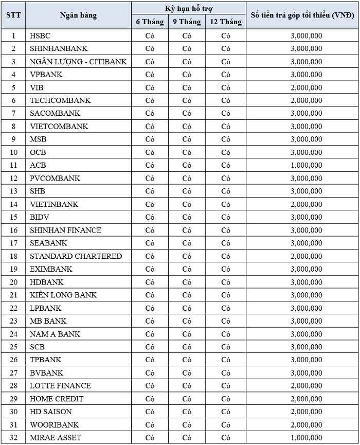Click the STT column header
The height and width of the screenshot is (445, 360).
tap(13, 15)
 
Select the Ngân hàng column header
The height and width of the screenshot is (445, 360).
tap(78, 15)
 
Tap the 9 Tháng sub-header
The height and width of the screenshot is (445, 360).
tap(187, 22)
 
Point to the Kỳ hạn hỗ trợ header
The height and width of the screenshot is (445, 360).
tap(189, 8)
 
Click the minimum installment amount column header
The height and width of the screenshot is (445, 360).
tap(302, 15)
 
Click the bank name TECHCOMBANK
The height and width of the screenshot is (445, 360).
tap(60, 100)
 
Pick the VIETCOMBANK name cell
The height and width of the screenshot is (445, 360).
tap(59, 126)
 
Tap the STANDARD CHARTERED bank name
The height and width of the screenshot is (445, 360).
tap(76, 256)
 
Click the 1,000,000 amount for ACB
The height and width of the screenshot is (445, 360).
tap(306, 165)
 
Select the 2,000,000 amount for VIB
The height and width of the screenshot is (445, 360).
tap(306, 87)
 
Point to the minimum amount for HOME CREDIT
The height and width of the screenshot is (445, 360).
tap(306, 399)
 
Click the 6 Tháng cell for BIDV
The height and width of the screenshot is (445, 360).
tap(150, 217)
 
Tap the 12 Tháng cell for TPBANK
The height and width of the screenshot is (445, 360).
tap(226, 360)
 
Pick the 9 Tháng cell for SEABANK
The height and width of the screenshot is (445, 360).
tap(187, 243)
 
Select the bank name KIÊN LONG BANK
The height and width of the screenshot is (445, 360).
tap(63, 295)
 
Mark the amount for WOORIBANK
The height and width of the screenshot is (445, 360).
tap(306, 424)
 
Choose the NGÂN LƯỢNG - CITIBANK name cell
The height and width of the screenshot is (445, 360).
tap(78, 62)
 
